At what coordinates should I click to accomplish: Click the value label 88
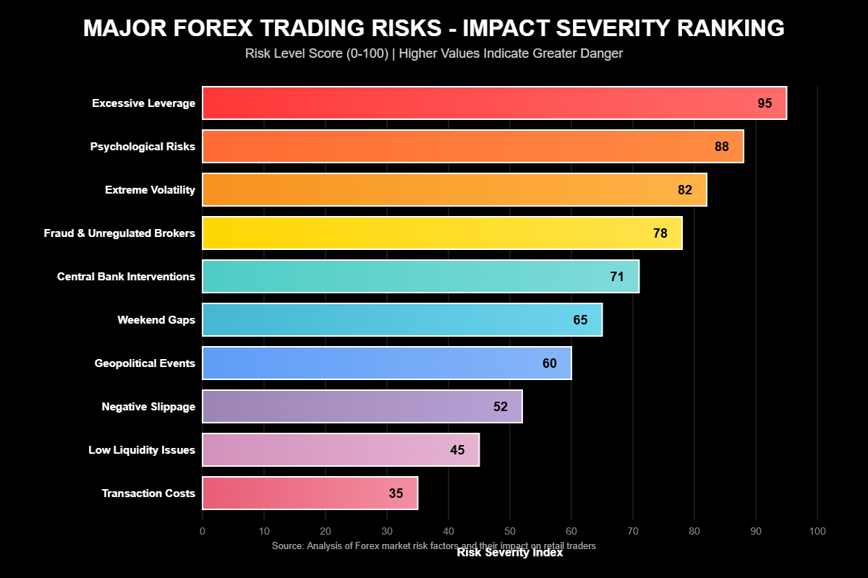point(721,147)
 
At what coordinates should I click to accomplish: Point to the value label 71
point(616,277)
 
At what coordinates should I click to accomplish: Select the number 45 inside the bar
point(457,450)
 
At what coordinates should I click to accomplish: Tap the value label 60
point(550,363)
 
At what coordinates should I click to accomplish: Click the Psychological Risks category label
point(142,147)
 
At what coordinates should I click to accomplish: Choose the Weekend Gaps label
point(156,320)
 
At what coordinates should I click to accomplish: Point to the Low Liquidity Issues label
point(142,450)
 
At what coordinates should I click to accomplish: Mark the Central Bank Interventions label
point(126,277)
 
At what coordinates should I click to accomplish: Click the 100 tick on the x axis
point(817,532)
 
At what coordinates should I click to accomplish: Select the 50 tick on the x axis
point(510,532)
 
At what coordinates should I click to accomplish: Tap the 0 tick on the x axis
point(203,532)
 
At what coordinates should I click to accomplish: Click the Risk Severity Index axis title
point(510,553)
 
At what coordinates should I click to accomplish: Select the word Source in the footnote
point(286,546)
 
